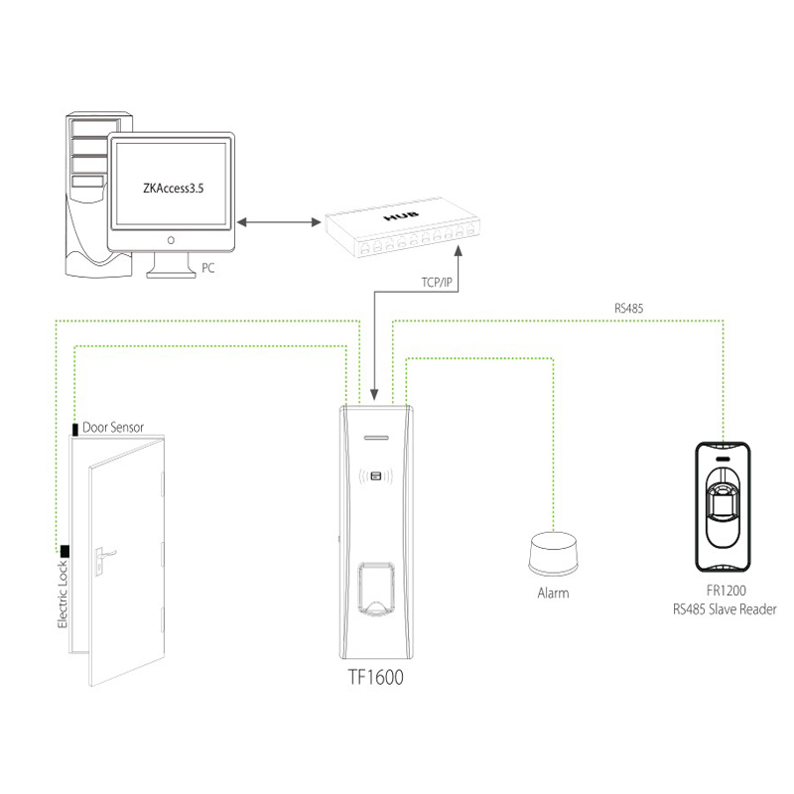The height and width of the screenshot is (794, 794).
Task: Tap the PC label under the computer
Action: pos(207,268)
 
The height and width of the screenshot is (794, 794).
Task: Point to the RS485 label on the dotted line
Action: pos(628,309)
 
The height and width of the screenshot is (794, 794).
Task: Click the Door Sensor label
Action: pos(113,428)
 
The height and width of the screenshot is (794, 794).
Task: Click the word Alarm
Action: pos(552,594)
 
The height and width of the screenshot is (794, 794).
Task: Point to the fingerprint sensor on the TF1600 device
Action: pos(376,586)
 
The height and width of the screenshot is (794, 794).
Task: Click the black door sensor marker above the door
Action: pos(75,429)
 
